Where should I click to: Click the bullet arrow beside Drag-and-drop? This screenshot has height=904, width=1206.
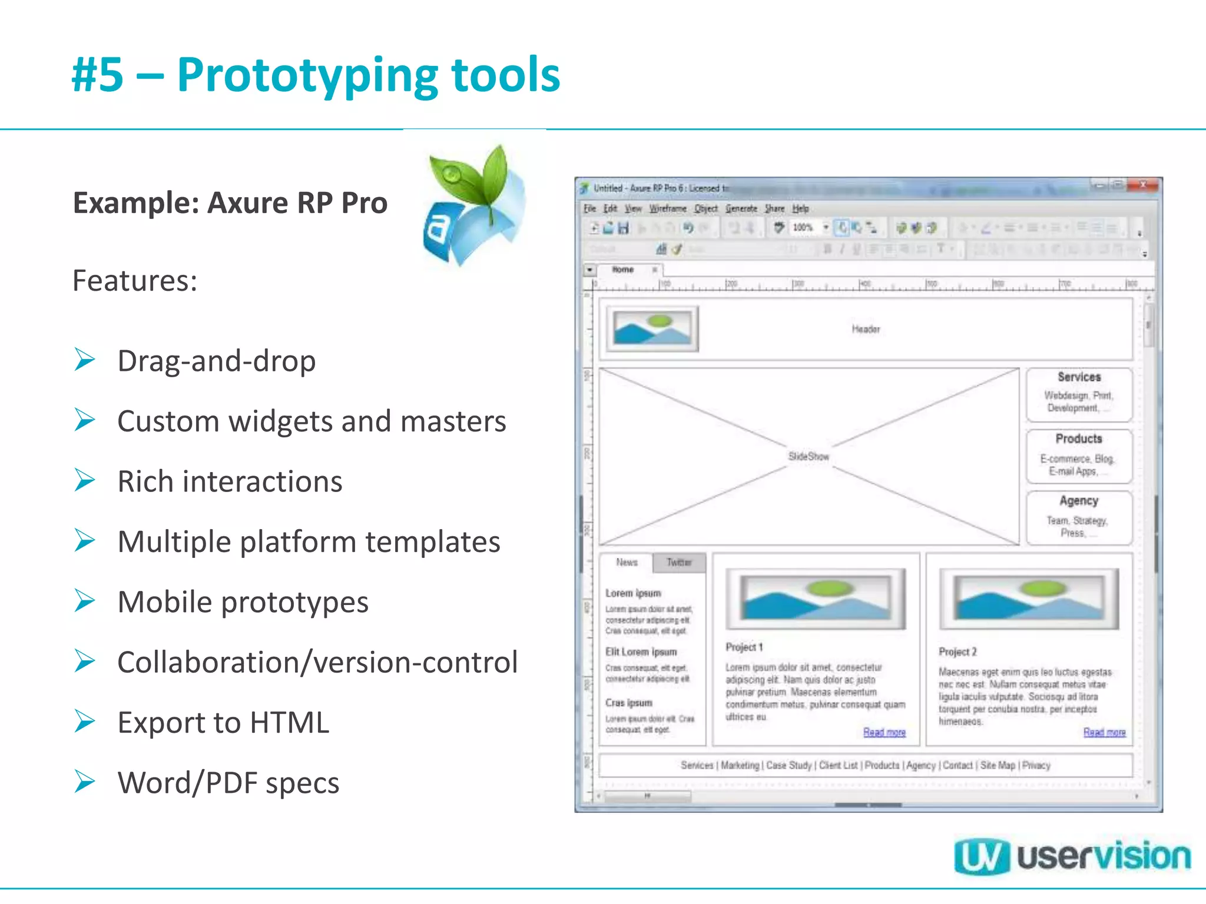(85, 360)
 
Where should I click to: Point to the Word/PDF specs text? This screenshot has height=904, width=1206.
(228, 783)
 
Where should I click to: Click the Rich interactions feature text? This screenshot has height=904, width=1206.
(230, 481)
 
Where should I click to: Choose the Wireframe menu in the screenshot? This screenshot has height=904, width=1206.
(668, 208)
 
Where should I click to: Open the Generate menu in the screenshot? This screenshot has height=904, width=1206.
(741, 208)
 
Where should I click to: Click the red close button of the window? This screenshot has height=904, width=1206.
(1142, 185)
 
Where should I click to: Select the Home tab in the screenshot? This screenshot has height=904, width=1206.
(623, 270)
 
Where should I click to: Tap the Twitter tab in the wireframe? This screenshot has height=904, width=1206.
(679, 563)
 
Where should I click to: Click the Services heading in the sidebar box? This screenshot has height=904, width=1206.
(1079, 377)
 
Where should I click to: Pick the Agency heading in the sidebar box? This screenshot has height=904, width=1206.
(1079, 501)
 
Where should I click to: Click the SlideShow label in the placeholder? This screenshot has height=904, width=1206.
(809, 457)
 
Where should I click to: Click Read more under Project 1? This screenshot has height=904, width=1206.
(884, 732)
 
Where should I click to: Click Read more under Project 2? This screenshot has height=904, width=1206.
(1104, 732)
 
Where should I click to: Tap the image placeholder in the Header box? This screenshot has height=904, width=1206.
(652, 329)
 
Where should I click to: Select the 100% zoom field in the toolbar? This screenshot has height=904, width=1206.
(803, 228)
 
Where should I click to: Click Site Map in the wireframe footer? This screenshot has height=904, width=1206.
(998, 765)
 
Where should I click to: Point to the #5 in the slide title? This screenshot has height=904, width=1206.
(98, 75)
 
